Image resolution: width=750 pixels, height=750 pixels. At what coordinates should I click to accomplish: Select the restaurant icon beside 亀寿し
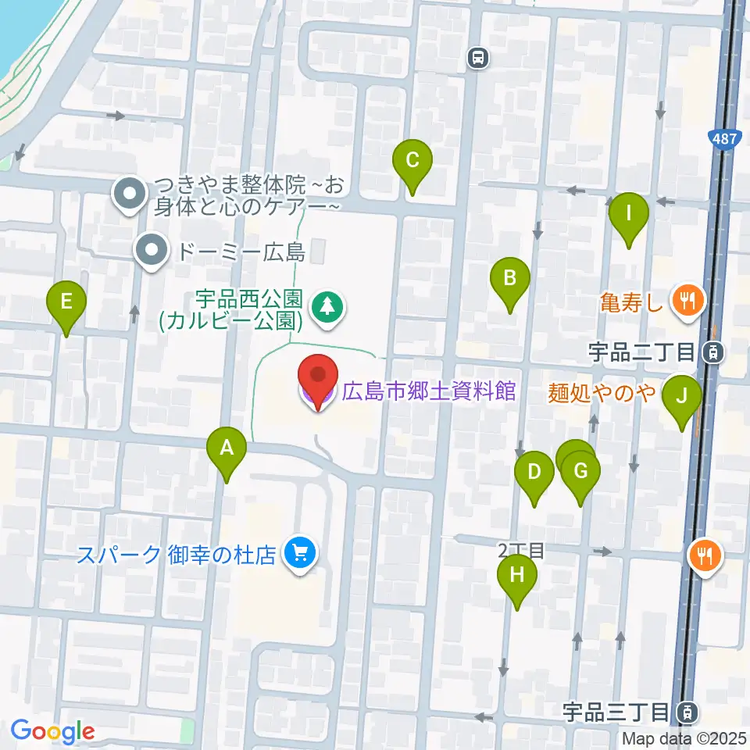(x=688, y=299)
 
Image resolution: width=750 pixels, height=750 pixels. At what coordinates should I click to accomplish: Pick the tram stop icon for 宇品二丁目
(x=712, y=352)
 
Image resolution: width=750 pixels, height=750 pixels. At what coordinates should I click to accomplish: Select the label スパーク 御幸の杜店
(x=177, y=555)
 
